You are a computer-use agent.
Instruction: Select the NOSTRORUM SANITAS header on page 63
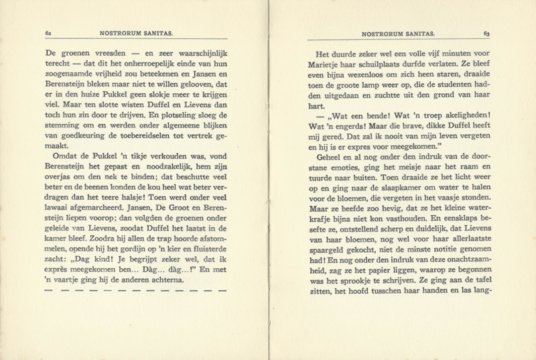tap(398, 32)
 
